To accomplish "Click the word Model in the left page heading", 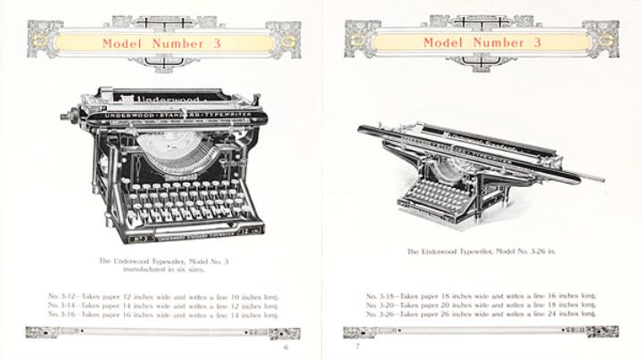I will [x=120, y=42].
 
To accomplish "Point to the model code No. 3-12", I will [x=63, y=293].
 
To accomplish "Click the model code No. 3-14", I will [x=63, y=304].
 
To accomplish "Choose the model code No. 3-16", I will [x=63, y=315].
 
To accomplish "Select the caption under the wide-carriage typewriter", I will [x=481, y=253].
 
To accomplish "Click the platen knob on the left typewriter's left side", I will [x=67, y=117].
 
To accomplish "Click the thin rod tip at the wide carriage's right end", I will [x=599, y=178].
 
